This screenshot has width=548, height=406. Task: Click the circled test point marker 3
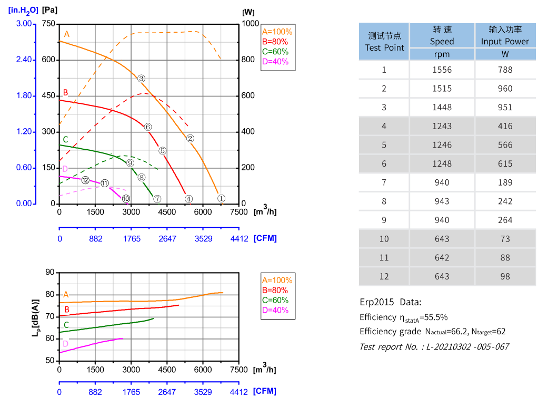[x=142, y=79]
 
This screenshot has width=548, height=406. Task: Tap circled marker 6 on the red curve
[x=148, y=127]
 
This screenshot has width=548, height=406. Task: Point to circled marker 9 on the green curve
[x=130, y=163]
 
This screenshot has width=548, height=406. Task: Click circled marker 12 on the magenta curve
[x=85, y=180]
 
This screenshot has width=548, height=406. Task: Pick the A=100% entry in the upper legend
[x=277, y=32]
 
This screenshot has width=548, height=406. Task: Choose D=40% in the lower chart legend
[x=275, y=310]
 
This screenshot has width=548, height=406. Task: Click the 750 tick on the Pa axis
[x=48, y=24]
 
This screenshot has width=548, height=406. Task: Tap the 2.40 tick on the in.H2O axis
[x=24, y=60]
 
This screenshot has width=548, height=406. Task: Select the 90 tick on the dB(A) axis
[x=50, y=272]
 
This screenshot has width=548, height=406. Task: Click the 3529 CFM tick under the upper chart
[x=203, y=238]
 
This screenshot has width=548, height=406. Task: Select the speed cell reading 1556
[x=442, y=70]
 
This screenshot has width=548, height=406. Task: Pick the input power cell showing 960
[x=505, y=89]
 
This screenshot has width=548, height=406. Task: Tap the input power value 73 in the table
[x=505, y=239]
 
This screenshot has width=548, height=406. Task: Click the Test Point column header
[x=384, y=42]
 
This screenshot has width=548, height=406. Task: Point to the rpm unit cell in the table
[x=442, y=54]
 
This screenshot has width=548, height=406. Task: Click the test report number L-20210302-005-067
[x=434, y=346]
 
